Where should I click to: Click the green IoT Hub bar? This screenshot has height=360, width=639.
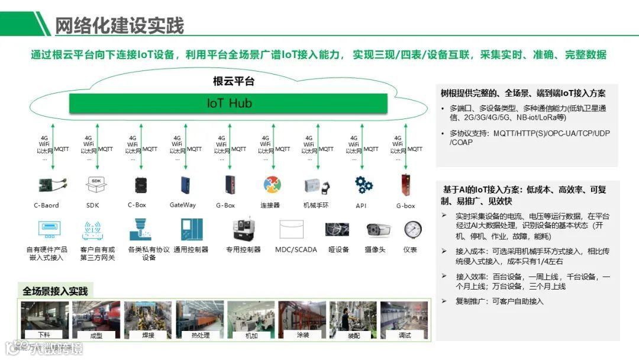(229, 103)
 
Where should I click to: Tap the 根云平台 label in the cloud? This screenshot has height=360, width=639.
(233, 82)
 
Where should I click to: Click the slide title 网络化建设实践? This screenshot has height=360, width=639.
(120, 25)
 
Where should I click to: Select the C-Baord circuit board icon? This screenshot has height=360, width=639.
(46, 185)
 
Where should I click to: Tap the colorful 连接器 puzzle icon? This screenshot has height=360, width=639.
(272, 185)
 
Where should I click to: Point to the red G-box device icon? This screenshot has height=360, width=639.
(406, 185)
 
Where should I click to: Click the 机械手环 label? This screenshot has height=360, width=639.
(316, 205)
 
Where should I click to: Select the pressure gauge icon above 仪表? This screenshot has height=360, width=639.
(412, 229)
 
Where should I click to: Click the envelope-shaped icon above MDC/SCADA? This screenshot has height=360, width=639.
(296, 230)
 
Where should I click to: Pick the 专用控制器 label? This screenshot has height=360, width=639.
(243, 249)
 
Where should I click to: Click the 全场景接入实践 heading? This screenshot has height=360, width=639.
(55, 291)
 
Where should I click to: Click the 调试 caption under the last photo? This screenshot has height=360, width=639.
(405, 335)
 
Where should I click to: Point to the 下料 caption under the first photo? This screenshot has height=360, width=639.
(45, 335)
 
